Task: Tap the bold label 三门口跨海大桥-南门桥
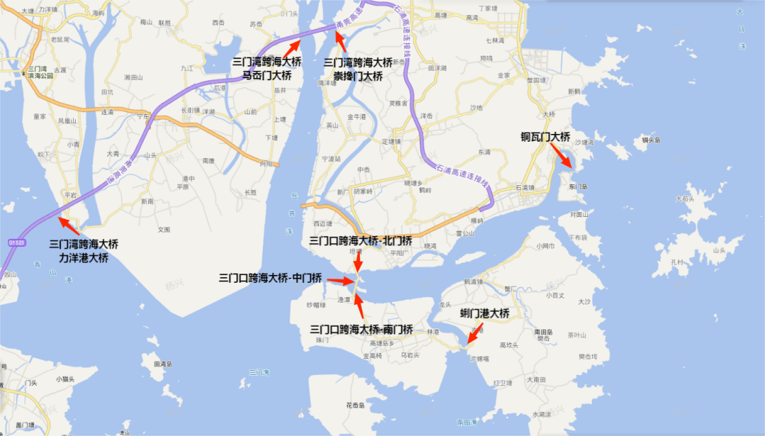362,330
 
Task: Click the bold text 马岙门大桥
266,74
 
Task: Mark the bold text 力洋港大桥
84,257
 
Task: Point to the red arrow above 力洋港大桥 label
69,226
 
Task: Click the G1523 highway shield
16,242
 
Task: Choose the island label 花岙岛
356,406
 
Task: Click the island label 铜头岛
651,140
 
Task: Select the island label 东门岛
578,186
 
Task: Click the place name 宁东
144,116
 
